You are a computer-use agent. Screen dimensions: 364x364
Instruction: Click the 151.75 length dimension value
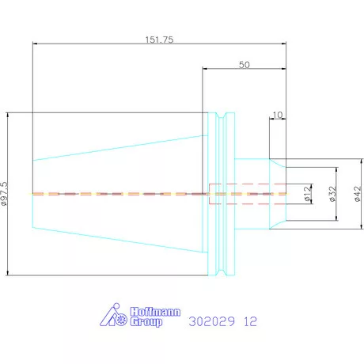tap(160, 40)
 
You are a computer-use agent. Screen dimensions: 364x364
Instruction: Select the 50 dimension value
tap(245, 65)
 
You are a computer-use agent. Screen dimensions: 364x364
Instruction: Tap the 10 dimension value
tap(278, 115)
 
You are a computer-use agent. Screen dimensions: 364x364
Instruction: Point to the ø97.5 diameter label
tap(5, 194)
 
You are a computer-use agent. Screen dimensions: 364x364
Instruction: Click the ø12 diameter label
tap(308, 194)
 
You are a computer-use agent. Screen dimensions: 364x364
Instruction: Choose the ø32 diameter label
tap(333, 194)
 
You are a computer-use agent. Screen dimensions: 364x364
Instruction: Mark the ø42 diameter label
tap(358, 194)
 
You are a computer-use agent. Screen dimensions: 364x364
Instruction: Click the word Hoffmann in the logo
tap(155, 312)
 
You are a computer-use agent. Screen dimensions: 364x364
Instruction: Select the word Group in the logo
tap(146, 322)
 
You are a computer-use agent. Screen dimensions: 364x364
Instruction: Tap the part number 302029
tap(211, 321)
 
